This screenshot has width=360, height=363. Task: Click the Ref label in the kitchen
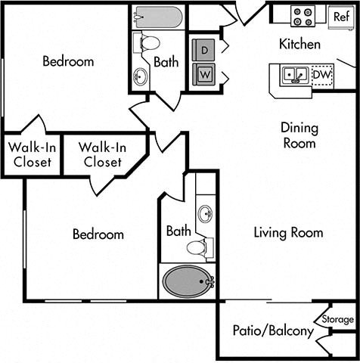[340, 16]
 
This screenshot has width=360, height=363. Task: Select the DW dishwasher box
[322, 75]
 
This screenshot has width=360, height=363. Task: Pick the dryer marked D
[204, 49]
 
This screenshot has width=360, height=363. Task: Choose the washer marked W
[204, 74]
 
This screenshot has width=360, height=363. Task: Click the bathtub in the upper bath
[157, 17]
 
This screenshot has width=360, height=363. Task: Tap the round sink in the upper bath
[141, 76]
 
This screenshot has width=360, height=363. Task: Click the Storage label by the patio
[337, 318]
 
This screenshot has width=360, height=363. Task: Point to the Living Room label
[287, 233]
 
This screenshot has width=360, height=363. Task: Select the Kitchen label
[299, 45]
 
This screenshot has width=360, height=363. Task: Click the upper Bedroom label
[68, 61]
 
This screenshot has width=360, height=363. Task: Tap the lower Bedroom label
[98, 234]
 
